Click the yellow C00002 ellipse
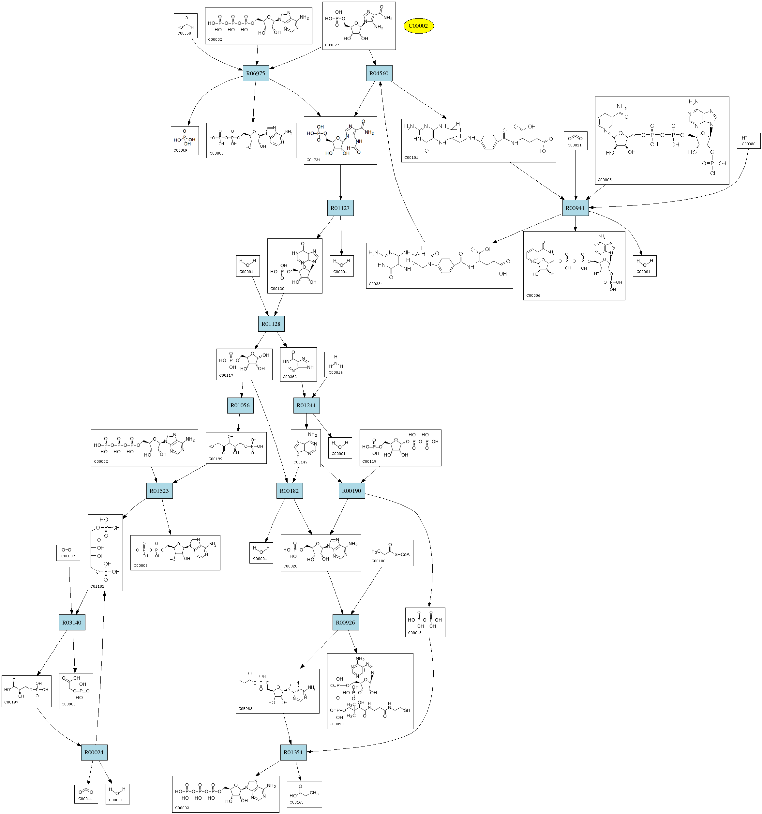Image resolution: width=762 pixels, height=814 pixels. coord(418,26)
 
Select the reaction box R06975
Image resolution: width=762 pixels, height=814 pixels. coord(256,73)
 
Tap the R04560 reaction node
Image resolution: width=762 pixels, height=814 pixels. coord(379,73)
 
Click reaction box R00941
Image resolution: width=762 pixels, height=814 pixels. coord(575,208)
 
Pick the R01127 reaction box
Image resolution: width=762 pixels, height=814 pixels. coord(340,208)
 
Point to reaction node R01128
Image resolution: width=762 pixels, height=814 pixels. coord(271,324)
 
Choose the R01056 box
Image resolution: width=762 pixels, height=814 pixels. coord(240,405)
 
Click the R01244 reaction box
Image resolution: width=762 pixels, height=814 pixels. coord(306,405)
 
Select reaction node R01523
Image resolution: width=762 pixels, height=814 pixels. coord(159,490)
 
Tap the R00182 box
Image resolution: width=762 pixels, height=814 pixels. coord(290,490)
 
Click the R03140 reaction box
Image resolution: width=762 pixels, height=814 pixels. coord(72,622)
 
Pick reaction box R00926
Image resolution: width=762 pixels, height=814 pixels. coord(346,622)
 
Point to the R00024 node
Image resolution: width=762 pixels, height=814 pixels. coord(94,752)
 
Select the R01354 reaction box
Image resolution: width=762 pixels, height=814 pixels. coord(293,752)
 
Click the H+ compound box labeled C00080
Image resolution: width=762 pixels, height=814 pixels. coord(748,141)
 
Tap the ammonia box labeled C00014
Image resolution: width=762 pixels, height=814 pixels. coord(336,364)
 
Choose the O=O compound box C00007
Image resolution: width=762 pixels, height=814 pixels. coord(68,552)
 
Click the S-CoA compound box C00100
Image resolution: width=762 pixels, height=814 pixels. coord(391,553)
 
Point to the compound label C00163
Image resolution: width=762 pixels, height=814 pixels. coord(296,802)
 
